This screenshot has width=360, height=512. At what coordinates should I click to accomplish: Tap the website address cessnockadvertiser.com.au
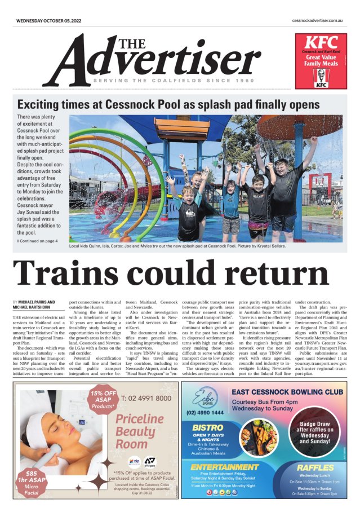[318, 20]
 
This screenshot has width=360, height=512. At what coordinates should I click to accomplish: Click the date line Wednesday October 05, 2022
[49, 20]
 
